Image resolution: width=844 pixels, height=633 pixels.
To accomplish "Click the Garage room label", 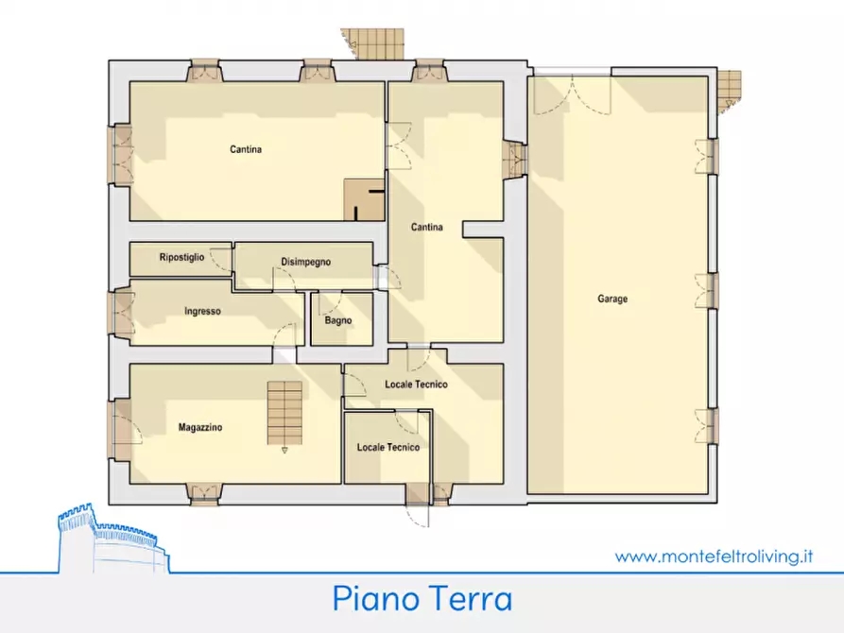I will tap(611, 299).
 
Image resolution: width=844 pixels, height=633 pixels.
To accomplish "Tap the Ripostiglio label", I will tap(181, 257).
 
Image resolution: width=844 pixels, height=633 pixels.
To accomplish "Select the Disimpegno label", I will tap(305, 262).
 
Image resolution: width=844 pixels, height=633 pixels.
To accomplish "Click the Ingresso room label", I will tap(202, 311).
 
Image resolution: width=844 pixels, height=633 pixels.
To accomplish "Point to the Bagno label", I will tap(337, 320).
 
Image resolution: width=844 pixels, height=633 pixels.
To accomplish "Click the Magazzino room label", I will tap(200, 428).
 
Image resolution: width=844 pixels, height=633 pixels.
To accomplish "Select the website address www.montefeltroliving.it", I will tap(714, 556).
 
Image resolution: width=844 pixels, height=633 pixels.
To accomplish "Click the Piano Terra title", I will tap(422, 599).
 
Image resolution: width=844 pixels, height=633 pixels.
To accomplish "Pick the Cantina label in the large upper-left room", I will tap(245, 149).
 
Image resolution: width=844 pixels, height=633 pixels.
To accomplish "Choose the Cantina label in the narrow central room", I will tap(426, 227).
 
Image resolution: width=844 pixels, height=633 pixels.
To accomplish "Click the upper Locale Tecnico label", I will tap(416, 385).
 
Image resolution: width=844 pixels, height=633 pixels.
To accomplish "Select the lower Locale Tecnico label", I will tap(388, 447).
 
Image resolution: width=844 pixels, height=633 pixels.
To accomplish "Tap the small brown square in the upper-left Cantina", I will tap(364, 199).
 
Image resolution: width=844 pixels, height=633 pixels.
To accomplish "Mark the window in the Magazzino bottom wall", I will tap(204, 490).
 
